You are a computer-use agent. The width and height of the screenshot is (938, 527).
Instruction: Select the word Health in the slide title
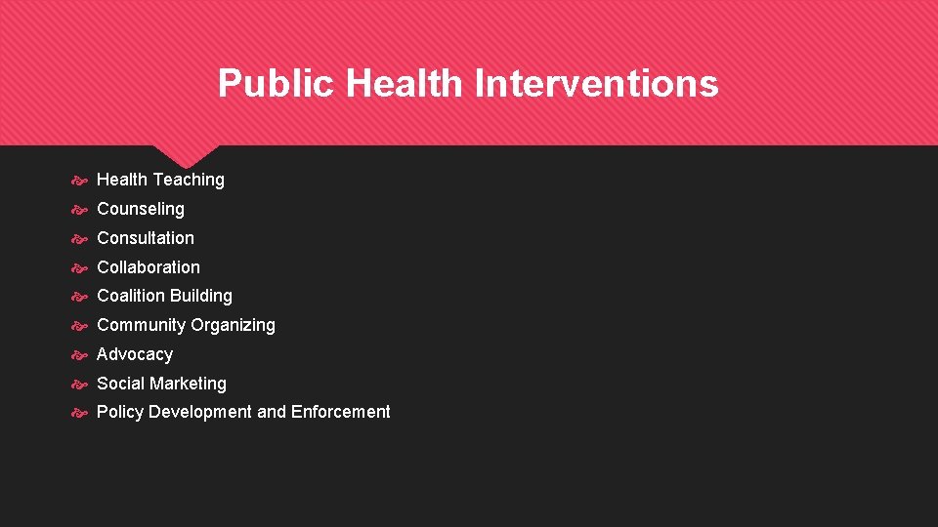coord(405,84)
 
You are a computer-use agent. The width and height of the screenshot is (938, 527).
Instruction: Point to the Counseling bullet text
coord(140,209)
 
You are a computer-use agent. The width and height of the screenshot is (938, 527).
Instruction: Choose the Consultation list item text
coord(145,238)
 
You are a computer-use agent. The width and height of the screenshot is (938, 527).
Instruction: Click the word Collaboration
coord(148,267)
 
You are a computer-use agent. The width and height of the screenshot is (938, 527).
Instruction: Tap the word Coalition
coord(130,296)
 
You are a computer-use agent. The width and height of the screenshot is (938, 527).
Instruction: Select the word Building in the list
coord(200,296)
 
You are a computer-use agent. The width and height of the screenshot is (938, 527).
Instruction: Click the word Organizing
coord(233,325)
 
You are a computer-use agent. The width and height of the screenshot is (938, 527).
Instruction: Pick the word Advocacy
coord(135,354)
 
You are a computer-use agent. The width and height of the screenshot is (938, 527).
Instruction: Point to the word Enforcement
coord(340,412)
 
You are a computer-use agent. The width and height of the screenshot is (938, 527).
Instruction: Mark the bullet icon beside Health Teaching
coord(80,181)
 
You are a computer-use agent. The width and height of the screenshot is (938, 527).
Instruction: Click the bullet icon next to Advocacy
coord(80,355)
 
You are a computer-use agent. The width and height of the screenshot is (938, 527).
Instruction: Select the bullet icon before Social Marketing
coord(80,385)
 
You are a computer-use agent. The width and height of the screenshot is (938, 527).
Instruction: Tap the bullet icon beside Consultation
coord(80,239)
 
